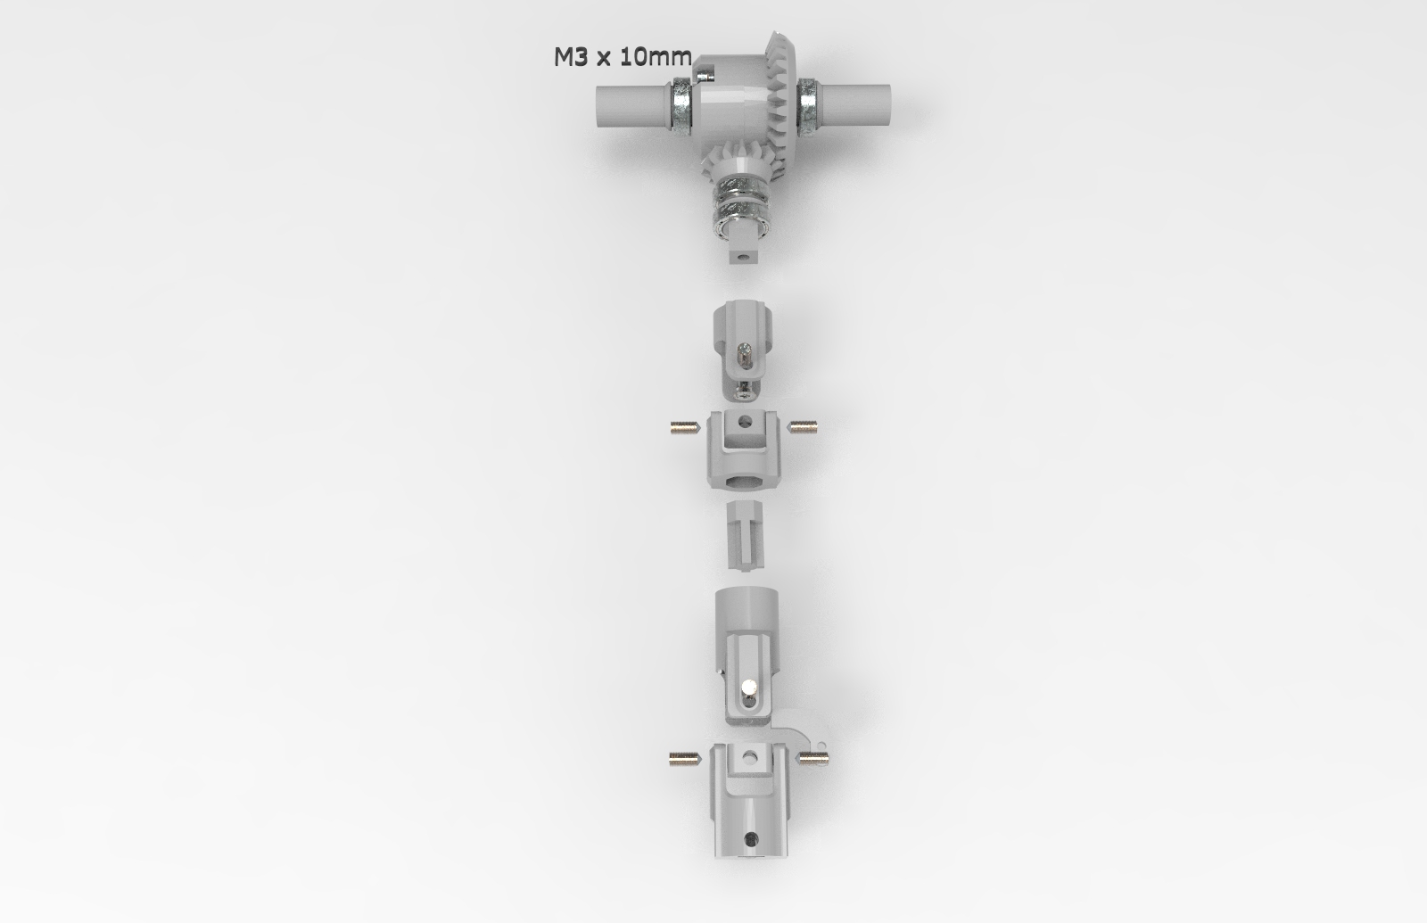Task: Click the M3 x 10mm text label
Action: point(623,57)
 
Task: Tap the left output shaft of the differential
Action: point(633,105)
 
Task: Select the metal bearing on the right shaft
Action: point(808,105)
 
